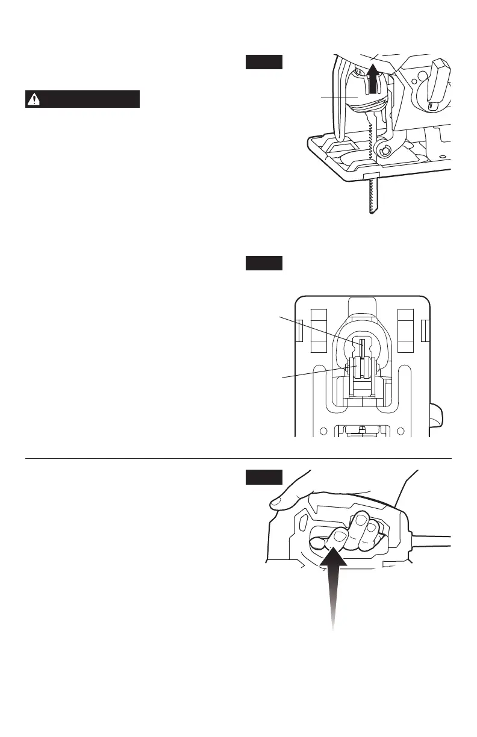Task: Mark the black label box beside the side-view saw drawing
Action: pyautogui.click(x=264, y=62)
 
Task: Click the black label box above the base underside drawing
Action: pyautogui.click(x=264, y=264)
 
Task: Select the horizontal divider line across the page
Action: pyautogui.click(x=238, y=459)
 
